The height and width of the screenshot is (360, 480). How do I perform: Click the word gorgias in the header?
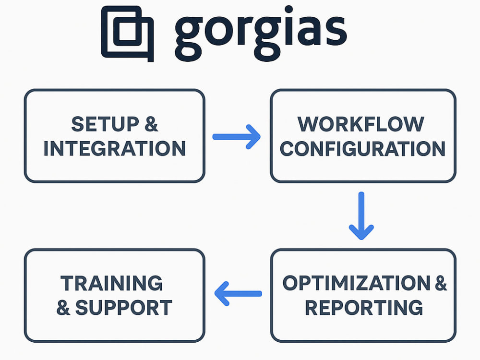point(261,34)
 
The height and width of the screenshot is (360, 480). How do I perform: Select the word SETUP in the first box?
point(105,124)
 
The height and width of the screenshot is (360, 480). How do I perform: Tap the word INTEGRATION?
point(115,148)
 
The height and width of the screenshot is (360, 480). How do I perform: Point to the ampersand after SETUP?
point(152,124)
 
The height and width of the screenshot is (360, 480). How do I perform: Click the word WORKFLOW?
point(361,124)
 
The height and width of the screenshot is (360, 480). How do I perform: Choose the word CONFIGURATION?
point(363,148)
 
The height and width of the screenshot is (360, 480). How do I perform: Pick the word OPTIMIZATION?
point(356,283)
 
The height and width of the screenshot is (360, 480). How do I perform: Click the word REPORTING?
point(364,307)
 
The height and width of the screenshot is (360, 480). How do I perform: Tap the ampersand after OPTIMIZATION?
point(441,283)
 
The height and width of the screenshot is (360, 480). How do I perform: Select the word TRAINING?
point(111,283)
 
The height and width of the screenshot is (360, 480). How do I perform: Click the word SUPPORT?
point(124,307)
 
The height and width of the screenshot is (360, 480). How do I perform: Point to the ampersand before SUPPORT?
point(63,307)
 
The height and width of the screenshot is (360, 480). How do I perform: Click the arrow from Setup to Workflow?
point(236,137)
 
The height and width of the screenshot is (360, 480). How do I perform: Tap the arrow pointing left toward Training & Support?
point(238,294)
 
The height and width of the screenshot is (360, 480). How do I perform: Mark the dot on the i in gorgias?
point(288,10)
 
